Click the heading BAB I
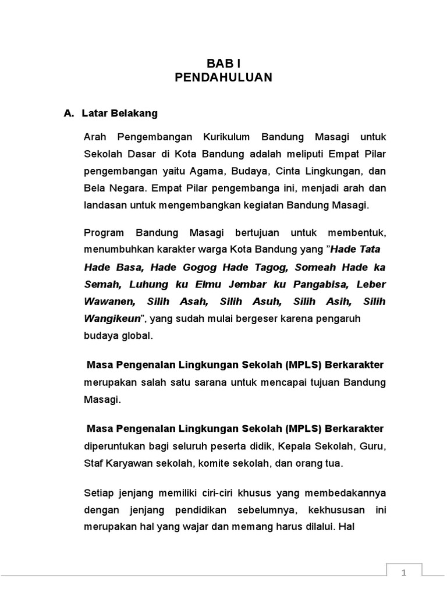[x=223, y=63]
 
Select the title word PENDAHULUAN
[x=223, y=77]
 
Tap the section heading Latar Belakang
[x=120, y=113]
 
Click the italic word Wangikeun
[x=113, y=318]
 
